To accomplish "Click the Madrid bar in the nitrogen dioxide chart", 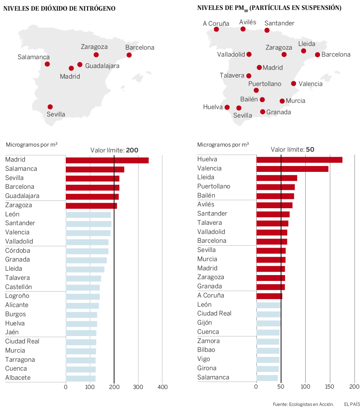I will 107,160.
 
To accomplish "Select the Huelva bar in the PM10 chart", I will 299,160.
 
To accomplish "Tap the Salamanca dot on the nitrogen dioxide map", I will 47,64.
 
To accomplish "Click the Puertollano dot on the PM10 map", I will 256,90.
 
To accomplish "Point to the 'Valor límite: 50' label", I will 292,149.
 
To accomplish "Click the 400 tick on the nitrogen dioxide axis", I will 162,387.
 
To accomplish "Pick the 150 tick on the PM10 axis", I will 330,386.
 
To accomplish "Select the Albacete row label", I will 18,378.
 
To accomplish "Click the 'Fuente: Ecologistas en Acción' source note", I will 303,404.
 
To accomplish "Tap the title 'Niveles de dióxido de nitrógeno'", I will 59,8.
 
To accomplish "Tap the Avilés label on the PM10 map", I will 248,22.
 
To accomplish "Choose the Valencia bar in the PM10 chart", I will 292,169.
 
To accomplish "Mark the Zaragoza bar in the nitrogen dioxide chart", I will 91,206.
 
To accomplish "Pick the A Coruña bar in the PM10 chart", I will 269,296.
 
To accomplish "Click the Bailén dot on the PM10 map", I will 262,100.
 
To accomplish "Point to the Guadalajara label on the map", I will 102,66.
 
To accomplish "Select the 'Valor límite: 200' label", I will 114,150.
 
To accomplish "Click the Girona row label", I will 207,368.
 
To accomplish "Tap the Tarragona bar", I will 80,360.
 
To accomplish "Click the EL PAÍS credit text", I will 352,404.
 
